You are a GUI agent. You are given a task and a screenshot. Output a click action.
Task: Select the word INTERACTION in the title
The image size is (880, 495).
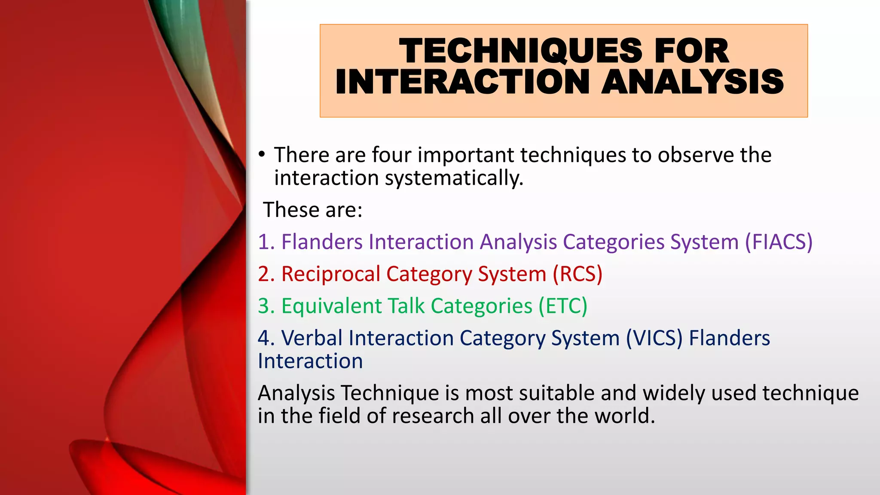[462, 82]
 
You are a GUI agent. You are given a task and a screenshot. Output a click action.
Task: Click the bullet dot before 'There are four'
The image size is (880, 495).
[261, 154]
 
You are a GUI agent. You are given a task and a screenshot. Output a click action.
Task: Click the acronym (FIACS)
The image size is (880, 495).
[778, 242]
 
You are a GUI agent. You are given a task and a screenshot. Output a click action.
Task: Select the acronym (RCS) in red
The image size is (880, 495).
[577, 274]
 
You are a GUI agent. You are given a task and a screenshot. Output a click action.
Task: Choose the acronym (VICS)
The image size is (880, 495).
[654, 338]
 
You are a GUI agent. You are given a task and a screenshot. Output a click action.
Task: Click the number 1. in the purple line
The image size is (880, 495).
[266, 242]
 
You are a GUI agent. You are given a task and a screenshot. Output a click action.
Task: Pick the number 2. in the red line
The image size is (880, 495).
[266, 274]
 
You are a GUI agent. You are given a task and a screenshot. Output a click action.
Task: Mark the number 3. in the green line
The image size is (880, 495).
[266, 306]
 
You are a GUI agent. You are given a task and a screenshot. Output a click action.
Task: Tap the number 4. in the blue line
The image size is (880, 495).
[266, 338]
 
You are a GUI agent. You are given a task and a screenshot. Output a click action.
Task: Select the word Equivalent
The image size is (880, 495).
[331, 306]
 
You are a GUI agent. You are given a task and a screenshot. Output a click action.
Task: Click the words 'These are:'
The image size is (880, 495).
[313, 210]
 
